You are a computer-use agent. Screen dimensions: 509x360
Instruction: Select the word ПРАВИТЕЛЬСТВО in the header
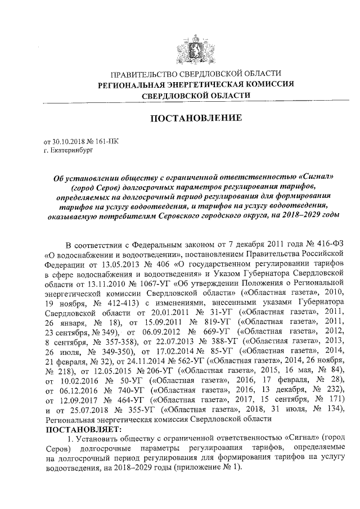click(144, 74)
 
